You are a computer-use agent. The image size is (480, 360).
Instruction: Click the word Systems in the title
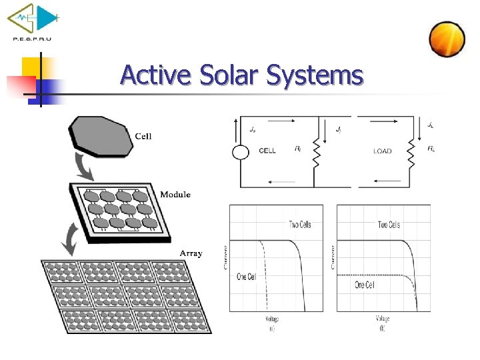coord(315,75)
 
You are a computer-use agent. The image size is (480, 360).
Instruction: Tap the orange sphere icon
coord(447,39)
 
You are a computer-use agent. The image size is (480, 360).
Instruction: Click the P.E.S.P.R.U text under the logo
coord(32,39)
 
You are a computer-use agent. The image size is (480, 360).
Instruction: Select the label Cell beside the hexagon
coord(143,137)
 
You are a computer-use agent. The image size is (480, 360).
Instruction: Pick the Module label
coord(175,195)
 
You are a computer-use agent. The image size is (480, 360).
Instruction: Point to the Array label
coord(191,253)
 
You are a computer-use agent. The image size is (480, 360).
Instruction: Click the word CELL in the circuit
coord(267,151)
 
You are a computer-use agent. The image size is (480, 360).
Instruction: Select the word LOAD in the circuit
coord(383,151)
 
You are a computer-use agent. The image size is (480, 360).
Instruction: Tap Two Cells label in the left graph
coord(299,225)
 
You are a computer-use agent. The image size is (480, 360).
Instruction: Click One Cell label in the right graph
coord(364,285)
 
